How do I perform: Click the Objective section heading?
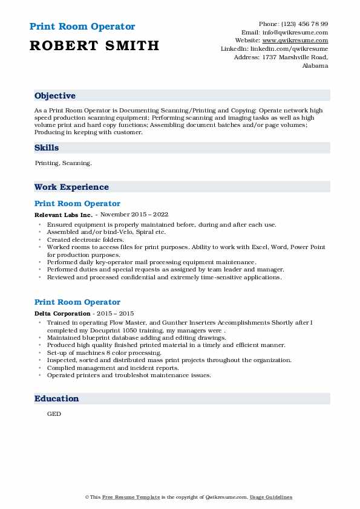point(55,96)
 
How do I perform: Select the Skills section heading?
point(47,148)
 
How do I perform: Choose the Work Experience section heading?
point(71,187)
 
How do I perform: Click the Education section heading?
point(57,399)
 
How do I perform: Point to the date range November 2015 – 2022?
point(134,215)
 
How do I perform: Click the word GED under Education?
point(54,415)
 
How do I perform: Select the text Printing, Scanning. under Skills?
point(64,163)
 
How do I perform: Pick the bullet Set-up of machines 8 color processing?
point(104,352)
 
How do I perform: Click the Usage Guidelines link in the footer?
point(272,497)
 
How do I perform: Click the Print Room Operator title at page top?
point(82,27)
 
